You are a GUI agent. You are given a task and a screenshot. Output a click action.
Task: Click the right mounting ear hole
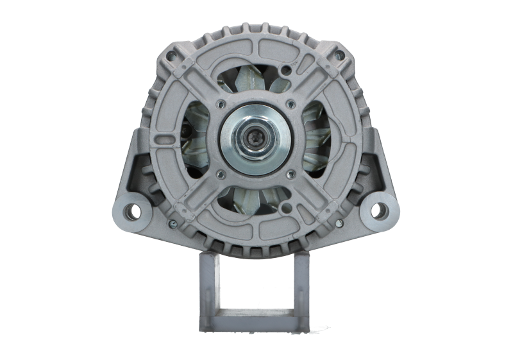coord(379,209)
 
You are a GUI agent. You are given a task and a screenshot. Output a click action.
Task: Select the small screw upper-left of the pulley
coord(221,103)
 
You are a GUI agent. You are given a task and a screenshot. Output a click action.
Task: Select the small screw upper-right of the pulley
coord(292,103)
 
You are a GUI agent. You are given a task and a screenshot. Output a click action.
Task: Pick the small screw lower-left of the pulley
coord(221,172)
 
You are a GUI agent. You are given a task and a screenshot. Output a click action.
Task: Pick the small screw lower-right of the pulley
coord(292,172)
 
